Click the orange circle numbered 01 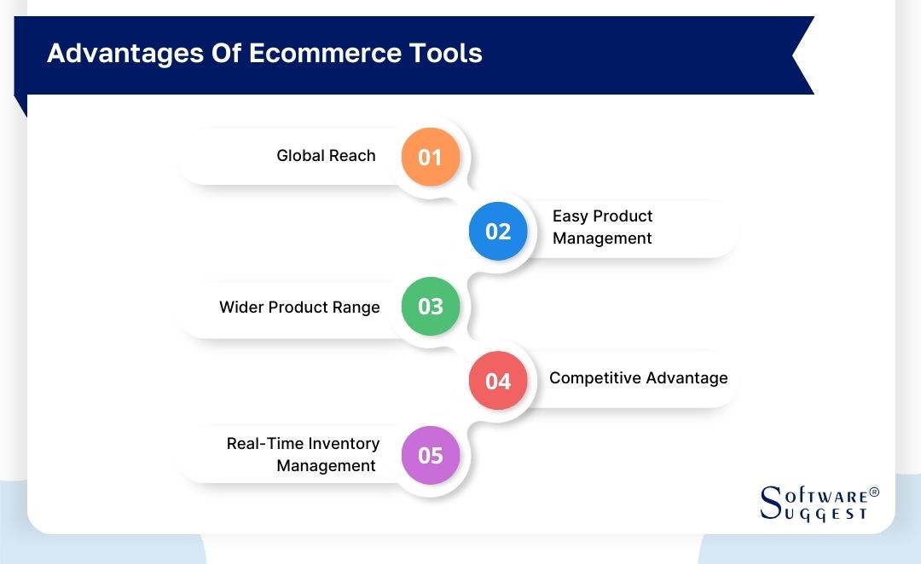point(431,157)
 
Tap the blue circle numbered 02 point(498,232)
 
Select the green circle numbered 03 point(431,307)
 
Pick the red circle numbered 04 point(498,381)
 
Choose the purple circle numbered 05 point(431,456)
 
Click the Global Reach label point(326,156)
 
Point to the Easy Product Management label point(602,227)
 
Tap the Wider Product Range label point(299,308)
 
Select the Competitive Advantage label point(638,378)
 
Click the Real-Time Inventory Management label point(303,455)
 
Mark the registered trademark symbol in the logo point(873,493)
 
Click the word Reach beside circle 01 point(353,156)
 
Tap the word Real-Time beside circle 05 point(264,444)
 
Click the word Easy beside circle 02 point(570,216)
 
